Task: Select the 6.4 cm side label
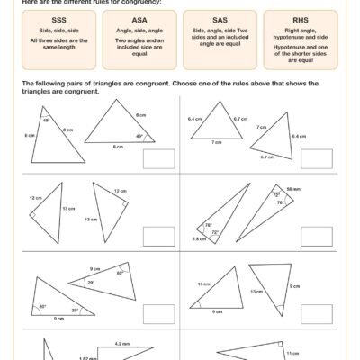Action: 194,118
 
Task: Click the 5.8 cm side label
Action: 198,238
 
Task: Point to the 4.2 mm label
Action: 122,343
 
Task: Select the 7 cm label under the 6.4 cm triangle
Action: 216,142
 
